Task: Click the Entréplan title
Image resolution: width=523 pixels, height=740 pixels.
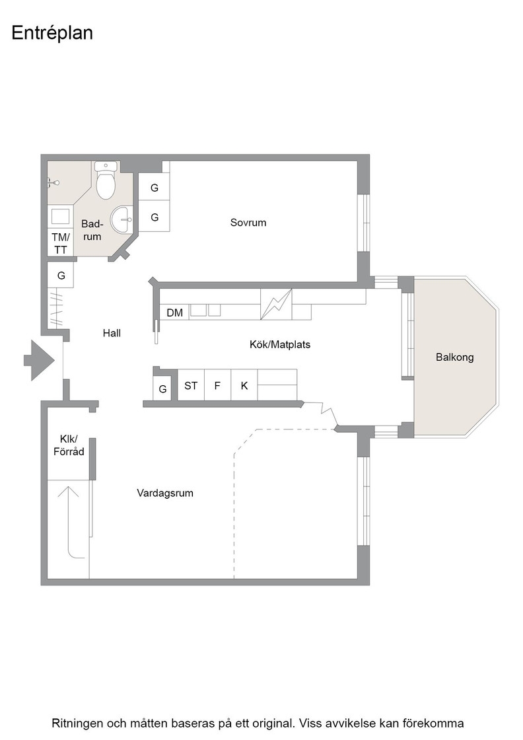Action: [52, 33]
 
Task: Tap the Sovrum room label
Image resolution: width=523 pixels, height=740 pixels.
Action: [248, 222]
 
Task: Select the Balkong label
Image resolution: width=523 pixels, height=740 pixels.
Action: [454, 357]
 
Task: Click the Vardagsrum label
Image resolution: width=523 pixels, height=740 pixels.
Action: [165, 494]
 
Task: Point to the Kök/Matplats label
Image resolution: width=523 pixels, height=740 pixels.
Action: [280, 344]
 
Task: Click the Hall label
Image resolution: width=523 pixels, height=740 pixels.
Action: [112, 333]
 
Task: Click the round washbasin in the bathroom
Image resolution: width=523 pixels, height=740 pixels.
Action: [122, 220]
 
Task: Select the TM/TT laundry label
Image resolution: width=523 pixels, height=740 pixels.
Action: [61, 243]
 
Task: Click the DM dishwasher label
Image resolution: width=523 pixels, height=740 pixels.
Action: [175, 313]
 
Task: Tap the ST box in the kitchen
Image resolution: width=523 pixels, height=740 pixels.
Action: [191, 385]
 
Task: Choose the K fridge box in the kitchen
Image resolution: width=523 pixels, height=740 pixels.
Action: [244, 385]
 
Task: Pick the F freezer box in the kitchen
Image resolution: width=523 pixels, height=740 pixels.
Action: [217, 385]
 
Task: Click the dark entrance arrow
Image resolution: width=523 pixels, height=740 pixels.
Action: [39, 360]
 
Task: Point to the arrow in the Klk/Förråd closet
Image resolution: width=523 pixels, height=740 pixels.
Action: [68, 521]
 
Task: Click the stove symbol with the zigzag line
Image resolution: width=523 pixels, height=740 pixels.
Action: [276, 305]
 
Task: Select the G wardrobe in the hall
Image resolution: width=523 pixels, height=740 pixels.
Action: [61, 275]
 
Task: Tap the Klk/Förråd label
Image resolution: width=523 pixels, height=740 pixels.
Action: [69, 445]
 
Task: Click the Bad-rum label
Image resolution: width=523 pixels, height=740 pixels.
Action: [92, 230]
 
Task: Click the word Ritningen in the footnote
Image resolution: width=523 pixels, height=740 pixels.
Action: [77, 723]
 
